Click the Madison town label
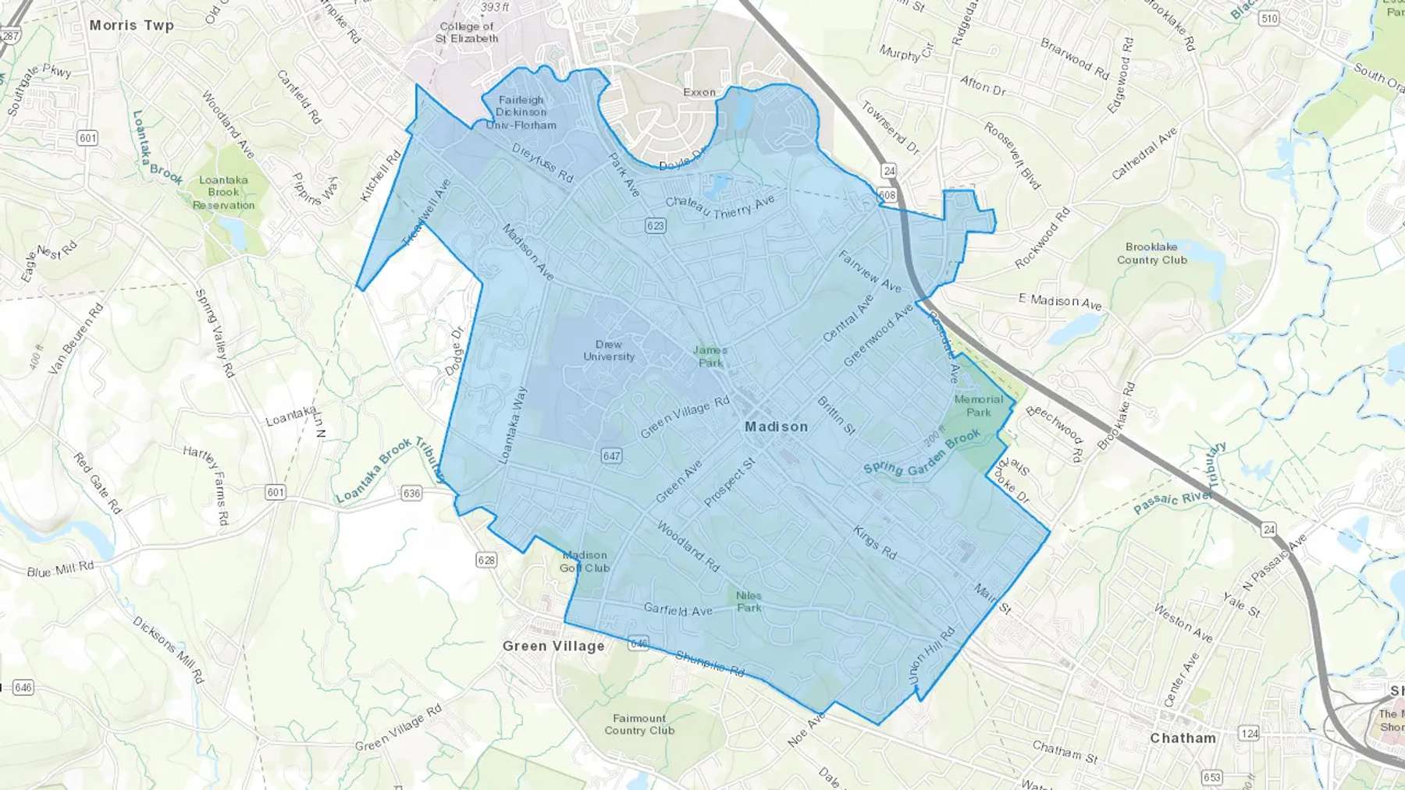(x=776, y=427)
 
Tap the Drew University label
(x=609, y=350)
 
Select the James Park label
(x=710, y=356)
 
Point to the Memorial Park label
(x=979, y=406)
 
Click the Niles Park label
(x=749, y=601)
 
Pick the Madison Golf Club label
(x=585, y=562)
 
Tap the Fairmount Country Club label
(x=639, y=724)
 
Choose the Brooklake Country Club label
(x=1151, y=253)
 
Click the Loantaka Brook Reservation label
(x=223, y=193)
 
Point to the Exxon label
(x=699, y=92)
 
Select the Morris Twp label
(x=131, y=25)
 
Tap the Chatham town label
(x=1183, y=738)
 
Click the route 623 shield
(x=655, y=225)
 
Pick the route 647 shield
(x=611, y=455)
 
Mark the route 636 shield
(x=411, y=493)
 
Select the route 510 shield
(x=1269, y=18)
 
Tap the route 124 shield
(x=1249, y=733)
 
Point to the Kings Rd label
(x=874, y=542)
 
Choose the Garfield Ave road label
(x=678, y=610)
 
